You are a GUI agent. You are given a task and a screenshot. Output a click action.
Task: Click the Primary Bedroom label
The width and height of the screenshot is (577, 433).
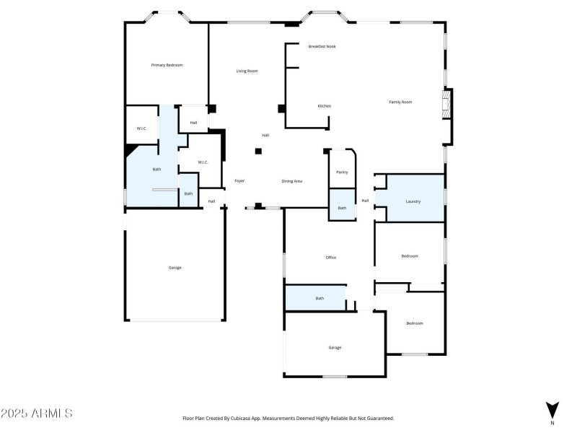pos(167,65)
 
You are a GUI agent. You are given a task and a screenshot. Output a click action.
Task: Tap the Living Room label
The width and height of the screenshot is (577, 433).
pos(247,71)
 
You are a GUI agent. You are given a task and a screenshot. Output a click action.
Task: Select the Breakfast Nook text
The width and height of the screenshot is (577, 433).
pos(322,46)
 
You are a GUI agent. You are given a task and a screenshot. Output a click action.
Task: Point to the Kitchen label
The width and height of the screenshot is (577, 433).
pos(325,106)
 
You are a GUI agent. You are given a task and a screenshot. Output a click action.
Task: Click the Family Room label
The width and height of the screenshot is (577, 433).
pos(400,102)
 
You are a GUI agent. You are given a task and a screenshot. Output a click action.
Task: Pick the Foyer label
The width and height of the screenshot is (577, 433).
pos(240,180)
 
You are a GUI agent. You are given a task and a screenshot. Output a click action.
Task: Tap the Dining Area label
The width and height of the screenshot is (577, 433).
pos(291,180)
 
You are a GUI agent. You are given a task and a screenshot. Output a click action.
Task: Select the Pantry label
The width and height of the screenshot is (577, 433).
pos(342,172)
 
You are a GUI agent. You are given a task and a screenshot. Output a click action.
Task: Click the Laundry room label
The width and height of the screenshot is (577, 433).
pos(413,201)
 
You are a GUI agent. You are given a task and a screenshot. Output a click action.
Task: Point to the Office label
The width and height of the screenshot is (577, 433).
pos(331,257)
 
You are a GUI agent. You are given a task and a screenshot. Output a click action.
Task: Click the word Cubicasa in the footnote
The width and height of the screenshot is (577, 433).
pos(250,418)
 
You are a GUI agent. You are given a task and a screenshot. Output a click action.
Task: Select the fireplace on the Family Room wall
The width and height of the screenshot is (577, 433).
pos(448,107)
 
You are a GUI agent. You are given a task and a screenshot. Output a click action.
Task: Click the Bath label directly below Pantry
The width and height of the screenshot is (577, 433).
pos(342,208)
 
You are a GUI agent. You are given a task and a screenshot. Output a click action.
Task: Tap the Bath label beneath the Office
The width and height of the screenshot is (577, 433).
pos(320,298)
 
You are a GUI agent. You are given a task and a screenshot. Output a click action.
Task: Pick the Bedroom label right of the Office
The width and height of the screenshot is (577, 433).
pos(410,255)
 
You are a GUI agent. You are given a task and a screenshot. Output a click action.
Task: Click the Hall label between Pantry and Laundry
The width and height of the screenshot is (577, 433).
pos(365,201)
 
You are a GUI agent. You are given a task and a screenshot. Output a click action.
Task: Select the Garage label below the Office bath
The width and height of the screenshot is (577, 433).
pos(335,347)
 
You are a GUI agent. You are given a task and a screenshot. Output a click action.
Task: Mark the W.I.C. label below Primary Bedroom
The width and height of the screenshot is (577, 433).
pos(142,128)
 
